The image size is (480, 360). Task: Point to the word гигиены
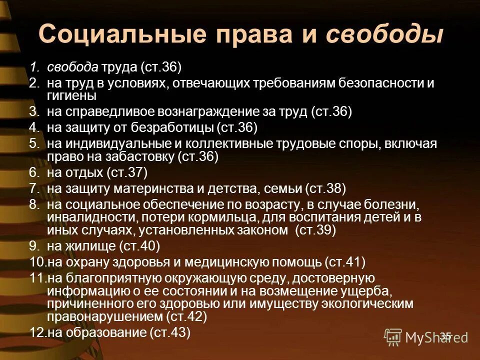tap(71, 95)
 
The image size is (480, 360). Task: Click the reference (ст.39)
tap(316, 230)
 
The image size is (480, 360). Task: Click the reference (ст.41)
tap(345, 261)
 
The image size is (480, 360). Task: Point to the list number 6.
tap(33, 173)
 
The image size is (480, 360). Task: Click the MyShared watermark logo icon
tap(392, 337)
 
